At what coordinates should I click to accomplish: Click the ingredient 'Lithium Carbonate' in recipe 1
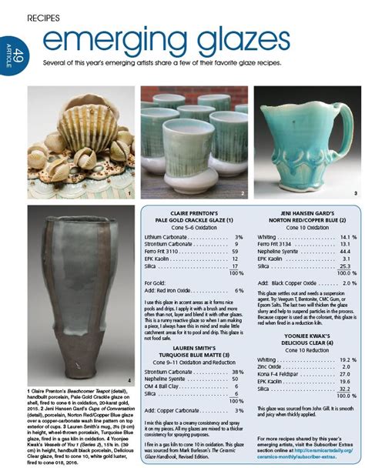point(168,237)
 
